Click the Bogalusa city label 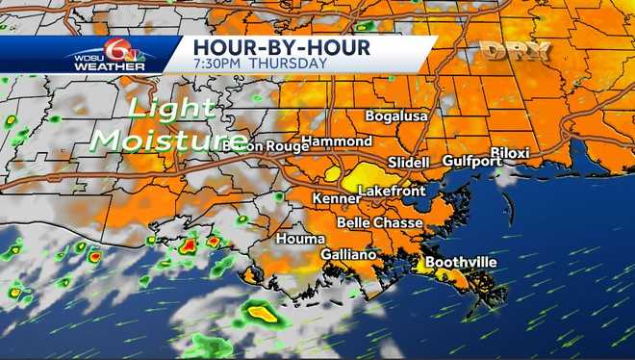coord(396,116)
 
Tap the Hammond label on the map coord(330,141)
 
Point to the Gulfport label coord(472,161)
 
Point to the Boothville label coord(461,260)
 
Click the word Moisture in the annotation coord(154,141)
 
